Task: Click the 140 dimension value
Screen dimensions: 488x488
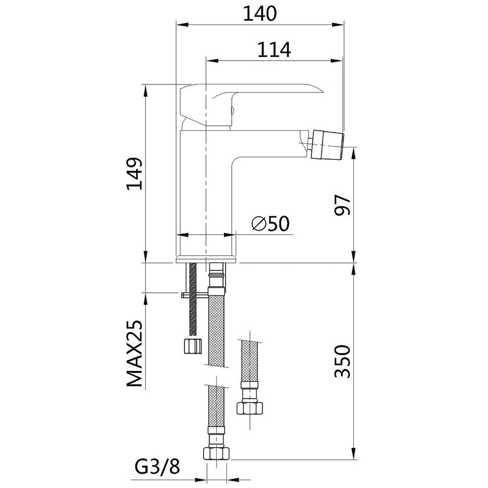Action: [259, 13]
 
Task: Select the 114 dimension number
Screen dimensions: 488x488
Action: [274, 49]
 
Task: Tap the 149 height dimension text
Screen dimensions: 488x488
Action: [134, 174]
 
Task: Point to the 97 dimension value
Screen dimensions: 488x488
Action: [342, 205]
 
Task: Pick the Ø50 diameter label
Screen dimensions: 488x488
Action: [270, 223]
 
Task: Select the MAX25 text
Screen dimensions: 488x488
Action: [135, 353]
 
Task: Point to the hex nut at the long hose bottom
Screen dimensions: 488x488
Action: [216, 453]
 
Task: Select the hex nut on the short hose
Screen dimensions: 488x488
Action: [250, 408]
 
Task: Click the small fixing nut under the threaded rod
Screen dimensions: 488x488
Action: [192, 346]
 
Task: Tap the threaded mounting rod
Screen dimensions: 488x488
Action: [193, 299]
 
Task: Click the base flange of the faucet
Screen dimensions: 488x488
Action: [206, 259]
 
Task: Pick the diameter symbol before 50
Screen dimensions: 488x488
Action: [259, 223]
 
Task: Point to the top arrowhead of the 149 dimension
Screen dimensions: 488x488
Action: [145, 90]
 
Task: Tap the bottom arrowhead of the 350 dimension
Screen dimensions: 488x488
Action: [354, 453]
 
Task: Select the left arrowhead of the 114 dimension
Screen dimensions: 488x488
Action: [212, 61]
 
